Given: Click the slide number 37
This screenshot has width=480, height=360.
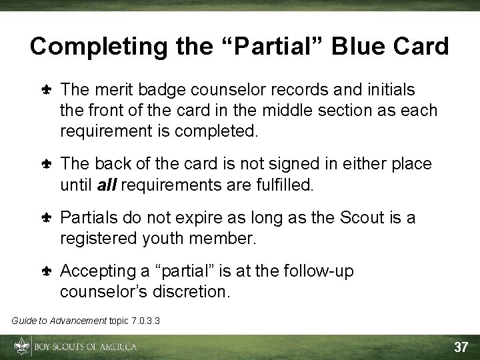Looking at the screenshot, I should point(461,347).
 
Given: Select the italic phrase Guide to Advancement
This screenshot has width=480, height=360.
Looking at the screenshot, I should point(59,321).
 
